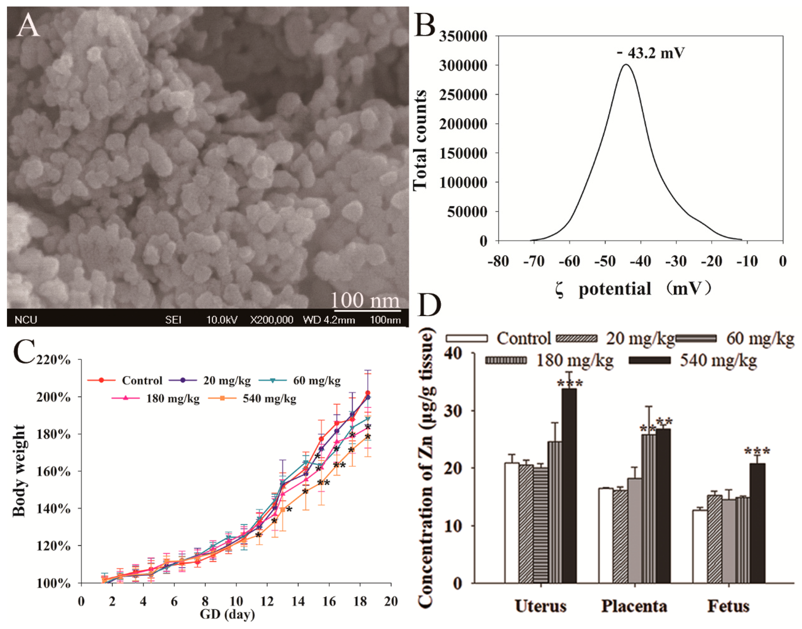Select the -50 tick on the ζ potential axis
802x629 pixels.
click(605, 261)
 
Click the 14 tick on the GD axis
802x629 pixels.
click(298, 601)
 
